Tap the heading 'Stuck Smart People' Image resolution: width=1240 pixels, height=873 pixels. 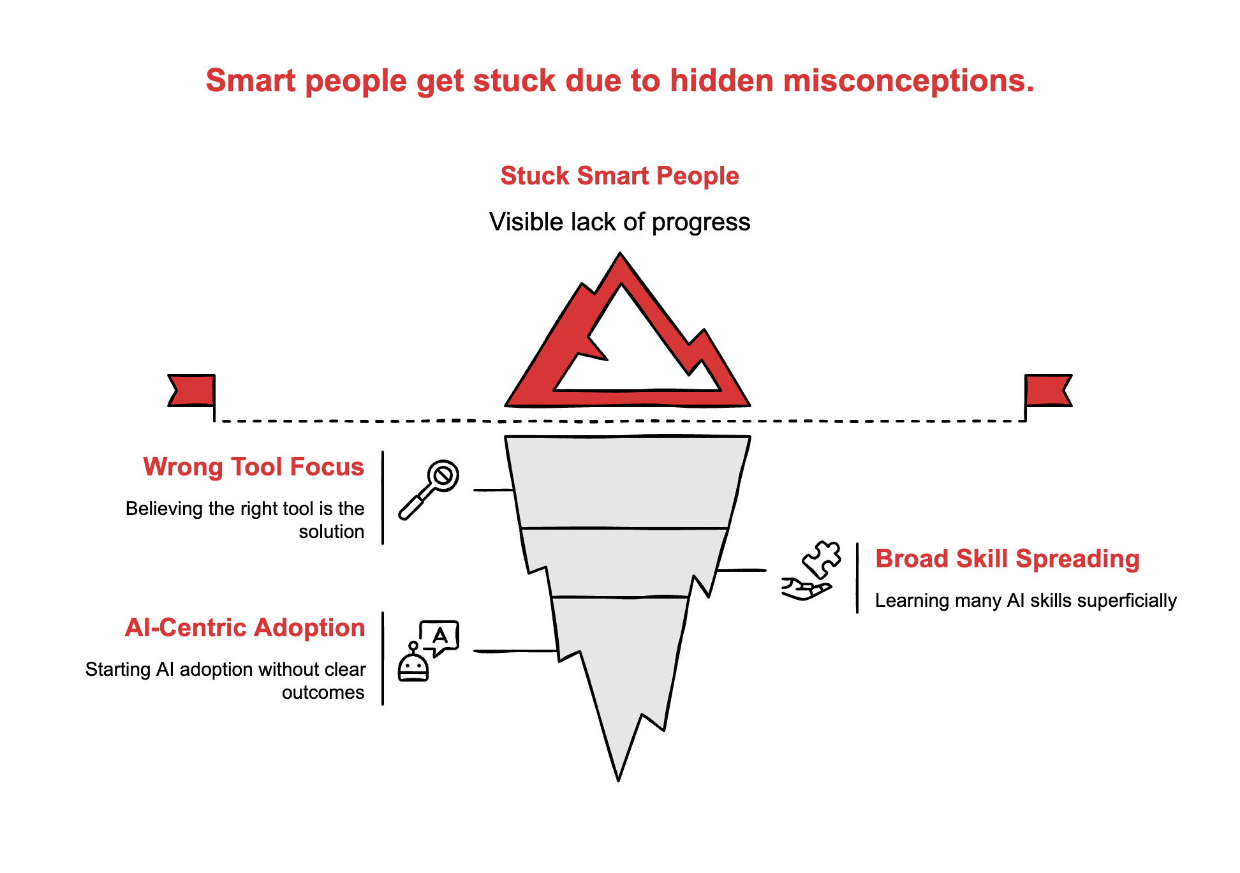point(619,175)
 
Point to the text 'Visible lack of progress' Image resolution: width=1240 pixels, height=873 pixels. point(619,222)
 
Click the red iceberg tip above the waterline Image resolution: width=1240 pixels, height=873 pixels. point(561,357)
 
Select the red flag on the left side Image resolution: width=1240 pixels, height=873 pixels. point(191,390)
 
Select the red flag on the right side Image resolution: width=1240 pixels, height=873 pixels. point(1047,390)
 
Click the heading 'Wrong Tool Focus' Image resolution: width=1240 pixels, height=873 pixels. point(253,467)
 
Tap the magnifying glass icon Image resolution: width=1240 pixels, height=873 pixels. point(429,489)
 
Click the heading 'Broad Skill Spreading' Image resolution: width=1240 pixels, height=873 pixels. point(1007,559)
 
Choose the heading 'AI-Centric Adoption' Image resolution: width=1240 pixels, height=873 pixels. point(245,628)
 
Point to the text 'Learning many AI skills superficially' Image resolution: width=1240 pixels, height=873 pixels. point(1025,601)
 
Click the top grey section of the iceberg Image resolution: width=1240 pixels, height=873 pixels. point(625,482)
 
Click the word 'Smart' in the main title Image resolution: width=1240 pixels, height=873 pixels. point(251,81)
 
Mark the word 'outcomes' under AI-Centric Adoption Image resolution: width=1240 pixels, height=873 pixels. point(323,692)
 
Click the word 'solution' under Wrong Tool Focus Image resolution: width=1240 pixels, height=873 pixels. point(331,532)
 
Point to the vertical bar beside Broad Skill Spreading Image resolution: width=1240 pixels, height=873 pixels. point(857,578)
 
